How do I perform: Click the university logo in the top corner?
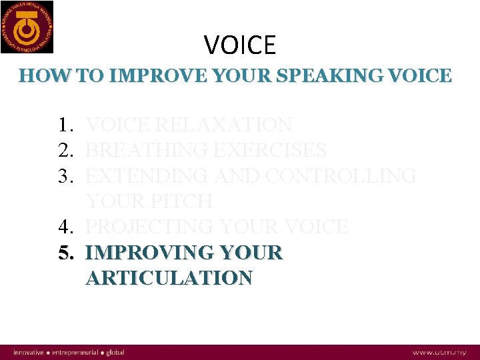[27, 27]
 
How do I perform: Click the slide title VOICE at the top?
[240, 45]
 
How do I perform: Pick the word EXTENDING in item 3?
[147, 176]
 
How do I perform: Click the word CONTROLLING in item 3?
[341, 176]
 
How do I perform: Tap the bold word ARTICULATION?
[169, 278]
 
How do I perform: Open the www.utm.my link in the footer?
[439, 352]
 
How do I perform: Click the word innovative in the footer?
[29, 352]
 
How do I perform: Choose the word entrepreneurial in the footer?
[77, 352]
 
